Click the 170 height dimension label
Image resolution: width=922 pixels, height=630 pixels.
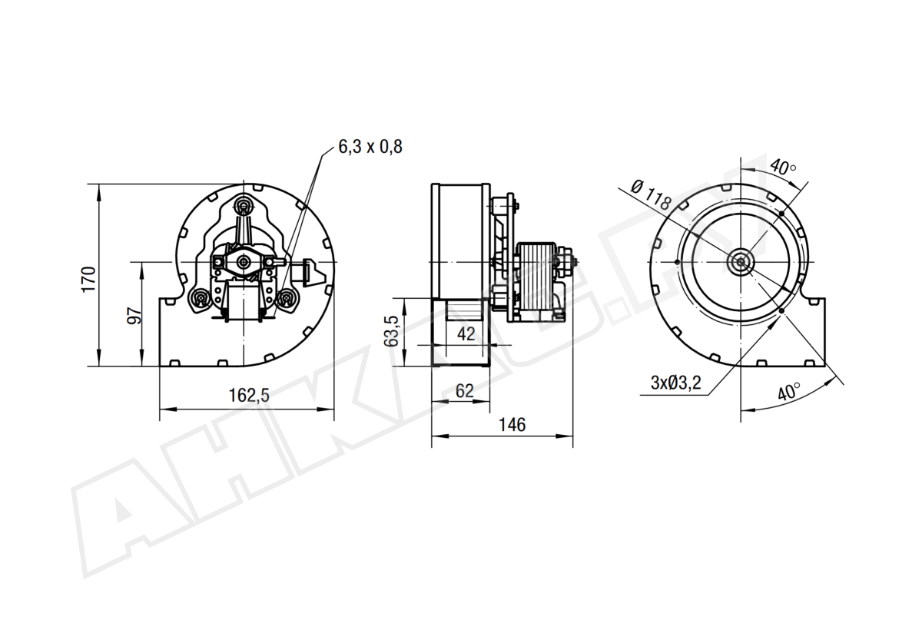[89, 280]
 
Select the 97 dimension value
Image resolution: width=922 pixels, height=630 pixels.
[134, 316]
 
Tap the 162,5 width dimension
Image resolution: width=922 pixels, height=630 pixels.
[249, 396]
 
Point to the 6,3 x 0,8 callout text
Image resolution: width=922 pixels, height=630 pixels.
[370, 147]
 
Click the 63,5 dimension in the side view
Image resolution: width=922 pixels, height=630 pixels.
[391, 331]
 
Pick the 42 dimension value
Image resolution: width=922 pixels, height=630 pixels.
[466, 334]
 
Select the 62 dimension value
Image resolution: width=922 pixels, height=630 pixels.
[464, 391]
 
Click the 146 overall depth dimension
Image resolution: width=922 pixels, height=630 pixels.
[512, 425]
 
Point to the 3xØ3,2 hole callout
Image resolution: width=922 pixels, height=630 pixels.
[675, 383]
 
